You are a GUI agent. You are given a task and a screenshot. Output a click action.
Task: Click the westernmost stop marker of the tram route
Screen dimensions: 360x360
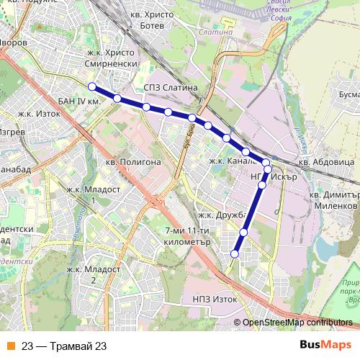[91, 87]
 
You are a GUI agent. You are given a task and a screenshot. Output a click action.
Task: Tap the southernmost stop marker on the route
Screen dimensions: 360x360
[234, 253]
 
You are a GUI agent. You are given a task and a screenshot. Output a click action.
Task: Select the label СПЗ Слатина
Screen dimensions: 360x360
[171, 87]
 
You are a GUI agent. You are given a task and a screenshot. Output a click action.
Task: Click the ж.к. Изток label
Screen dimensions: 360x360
[40, 113]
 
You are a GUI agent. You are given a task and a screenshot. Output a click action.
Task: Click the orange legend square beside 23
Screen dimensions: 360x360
[11, 346]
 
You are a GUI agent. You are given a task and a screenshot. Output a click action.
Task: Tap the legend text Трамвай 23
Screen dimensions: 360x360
[79, 346]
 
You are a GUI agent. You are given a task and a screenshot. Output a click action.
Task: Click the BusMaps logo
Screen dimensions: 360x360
[325, 346]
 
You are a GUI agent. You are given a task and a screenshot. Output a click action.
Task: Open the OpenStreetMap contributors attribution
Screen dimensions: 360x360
[297, 323]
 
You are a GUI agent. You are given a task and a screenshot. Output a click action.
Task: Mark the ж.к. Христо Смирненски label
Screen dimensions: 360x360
[112, 58]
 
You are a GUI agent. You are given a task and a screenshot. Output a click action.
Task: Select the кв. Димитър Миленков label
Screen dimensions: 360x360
[334, 199]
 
